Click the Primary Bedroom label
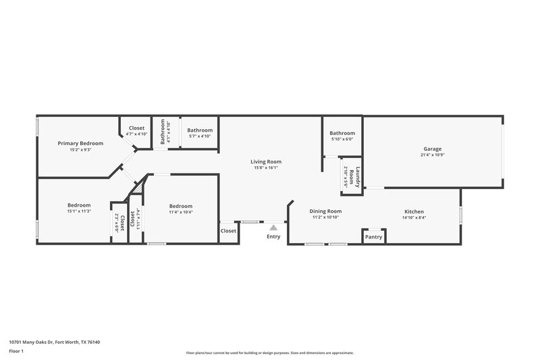click(x=80, y=143)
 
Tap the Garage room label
click(x=433, y=149)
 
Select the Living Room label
click(x=266, y=161)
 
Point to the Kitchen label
click(x=414, y=211)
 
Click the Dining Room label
click(x=325, y=211)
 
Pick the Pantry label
click(x=373, y=237)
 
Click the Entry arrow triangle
click(x=273, y=228)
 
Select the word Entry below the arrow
click(x=273, y=236)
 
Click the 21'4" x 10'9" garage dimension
click(x=433, y=155)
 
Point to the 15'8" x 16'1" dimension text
click(x=266, y=168)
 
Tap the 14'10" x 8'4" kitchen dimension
click(x=414, y=217)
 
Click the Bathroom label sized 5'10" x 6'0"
click(x=342, y=133)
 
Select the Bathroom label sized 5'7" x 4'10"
click(x=200, y=130)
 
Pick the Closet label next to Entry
click(x=228, y=231)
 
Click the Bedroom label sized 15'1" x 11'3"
click(x=79, y=205)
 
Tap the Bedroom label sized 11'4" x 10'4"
click(x=181, y=206)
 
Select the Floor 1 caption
click(x=16, y=351)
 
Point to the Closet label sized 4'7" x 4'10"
click(x=136, y=128)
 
